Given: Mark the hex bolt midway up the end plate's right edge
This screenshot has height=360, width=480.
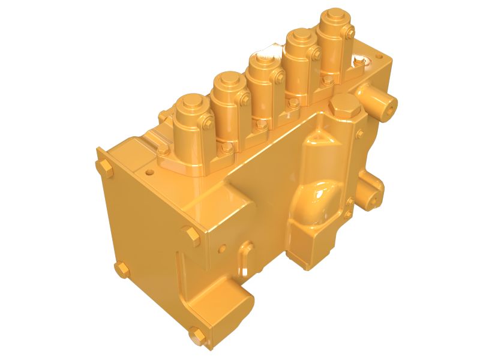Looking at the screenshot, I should pos(191,235).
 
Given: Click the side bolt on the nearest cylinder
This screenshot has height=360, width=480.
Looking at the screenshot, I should pos(208,125).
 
